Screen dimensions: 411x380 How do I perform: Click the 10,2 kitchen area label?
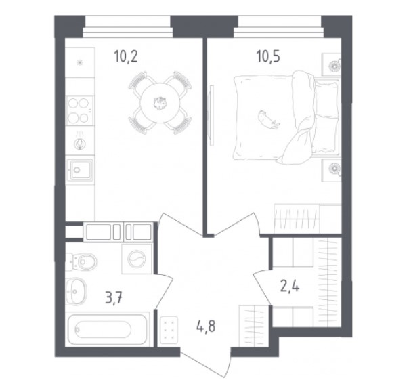(126, 57)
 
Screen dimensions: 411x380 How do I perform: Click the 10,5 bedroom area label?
(268, 57)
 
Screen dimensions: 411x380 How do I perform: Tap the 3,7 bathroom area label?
(114, 298)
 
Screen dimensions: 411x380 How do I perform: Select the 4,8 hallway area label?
(206, 326)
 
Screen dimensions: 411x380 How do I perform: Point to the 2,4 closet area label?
(290, 287)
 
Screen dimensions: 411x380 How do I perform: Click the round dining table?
(160, 103)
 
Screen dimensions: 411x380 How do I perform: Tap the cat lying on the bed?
(268, 120)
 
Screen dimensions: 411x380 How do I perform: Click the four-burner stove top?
(80, 110)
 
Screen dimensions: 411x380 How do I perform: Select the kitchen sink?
(80, 169)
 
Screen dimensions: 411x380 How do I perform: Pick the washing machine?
(137, 259)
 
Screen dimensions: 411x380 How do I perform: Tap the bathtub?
(107, 329)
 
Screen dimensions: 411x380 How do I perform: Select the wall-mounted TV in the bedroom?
(211, 115)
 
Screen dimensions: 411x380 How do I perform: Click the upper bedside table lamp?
(334, 66)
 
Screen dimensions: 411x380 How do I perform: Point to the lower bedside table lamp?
(334, 168)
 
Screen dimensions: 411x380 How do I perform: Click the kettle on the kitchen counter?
(79, 143)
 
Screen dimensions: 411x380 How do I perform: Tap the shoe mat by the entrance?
(169, 329)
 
